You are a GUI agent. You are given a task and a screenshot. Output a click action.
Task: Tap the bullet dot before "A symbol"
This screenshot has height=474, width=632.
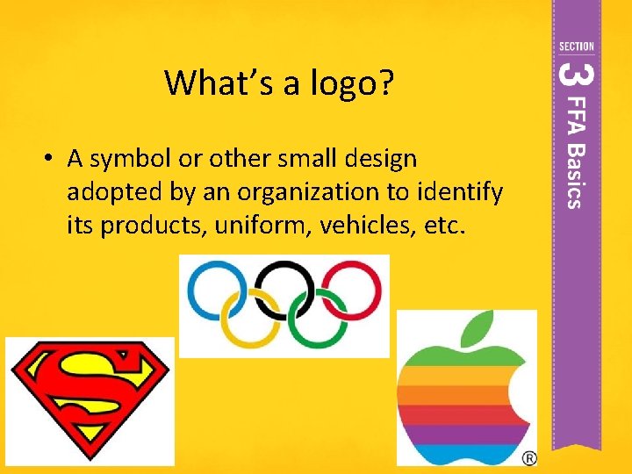(x=52, y=159)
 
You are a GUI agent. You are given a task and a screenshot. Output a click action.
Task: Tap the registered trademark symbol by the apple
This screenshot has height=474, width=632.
(x=529, y=458)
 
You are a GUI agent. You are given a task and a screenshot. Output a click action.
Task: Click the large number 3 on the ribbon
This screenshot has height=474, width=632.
(x=573, y=73)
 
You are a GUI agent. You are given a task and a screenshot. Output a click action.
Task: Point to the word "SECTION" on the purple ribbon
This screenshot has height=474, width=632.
(x=576, y=47)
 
